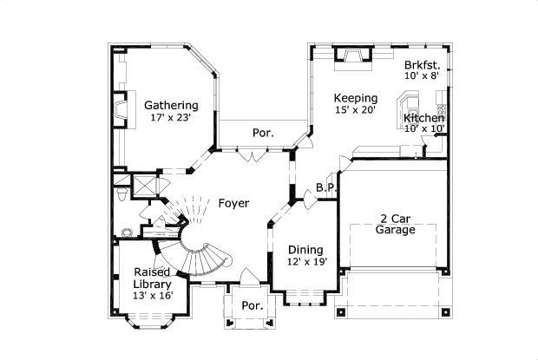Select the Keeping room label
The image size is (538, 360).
pyautogui.click(x=357, y=98)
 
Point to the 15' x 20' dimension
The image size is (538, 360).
pyautogui.click(x=357, y=110)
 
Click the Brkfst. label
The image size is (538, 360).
pyautogui.click(x=422, y=65)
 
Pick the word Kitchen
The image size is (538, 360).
pyautogui.click(x=424, y=117)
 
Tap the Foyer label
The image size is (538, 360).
pyautogui.click(x=233, y=204)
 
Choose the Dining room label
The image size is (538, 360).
pyautogui.click(x=305, y=250)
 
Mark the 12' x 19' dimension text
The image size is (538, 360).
pyautogui.click(x=306, y=262)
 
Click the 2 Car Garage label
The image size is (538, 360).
pyautogui.click(x=395, y=224)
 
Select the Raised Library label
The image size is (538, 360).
pyautogui.click(x=152, y=278)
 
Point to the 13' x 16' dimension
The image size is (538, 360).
pyautogui.click(x=152, y=296)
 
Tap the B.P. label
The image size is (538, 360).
pyautogui.click(x=326, y=187)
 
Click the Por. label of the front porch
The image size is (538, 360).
pyautogui.click(x=253, y=306)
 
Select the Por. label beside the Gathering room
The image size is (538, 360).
pyautogui.click(x=263, y=134)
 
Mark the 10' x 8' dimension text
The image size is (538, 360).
pyautogui.click(x=422, y=76)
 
